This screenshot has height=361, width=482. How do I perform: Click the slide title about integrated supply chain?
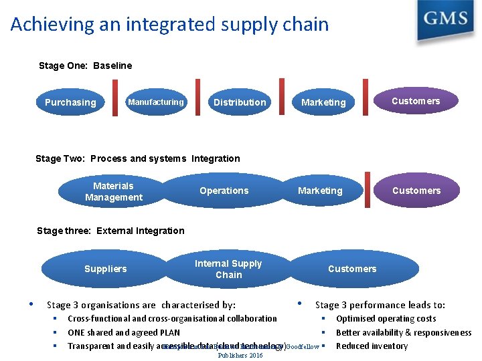170,25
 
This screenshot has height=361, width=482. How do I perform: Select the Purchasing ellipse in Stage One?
70,102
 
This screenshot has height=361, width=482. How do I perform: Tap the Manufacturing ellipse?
155,102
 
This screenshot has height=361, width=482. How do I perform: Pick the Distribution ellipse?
239,102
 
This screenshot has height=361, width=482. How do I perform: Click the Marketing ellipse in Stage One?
323,102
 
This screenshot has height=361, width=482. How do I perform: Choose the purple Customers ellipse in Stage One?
416,101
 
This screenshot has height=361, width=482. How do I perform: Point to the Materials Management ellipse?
114,191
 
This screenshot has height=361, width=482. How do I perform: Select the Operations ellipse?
224,191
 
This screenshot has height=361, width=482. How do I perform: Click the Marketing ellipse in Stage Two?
320,191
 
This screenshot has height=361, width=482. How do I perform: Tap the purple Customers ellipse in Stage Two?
416,191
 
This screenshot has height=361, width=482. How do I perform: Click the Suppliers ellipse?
105,269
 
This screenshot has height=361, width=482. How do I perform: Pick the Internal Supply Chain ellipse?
228,269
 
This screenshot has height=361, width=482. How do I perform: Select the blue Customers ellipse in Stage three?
352,269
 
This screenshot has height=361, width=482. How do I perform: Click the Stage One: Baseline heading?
86,66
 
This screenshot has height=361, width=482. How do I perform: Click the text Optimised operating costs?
386,319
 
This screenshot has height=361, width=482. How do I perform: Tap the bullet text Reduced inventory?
372,346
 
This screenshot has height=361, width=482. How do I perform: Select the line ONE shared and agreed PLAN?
124,332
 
